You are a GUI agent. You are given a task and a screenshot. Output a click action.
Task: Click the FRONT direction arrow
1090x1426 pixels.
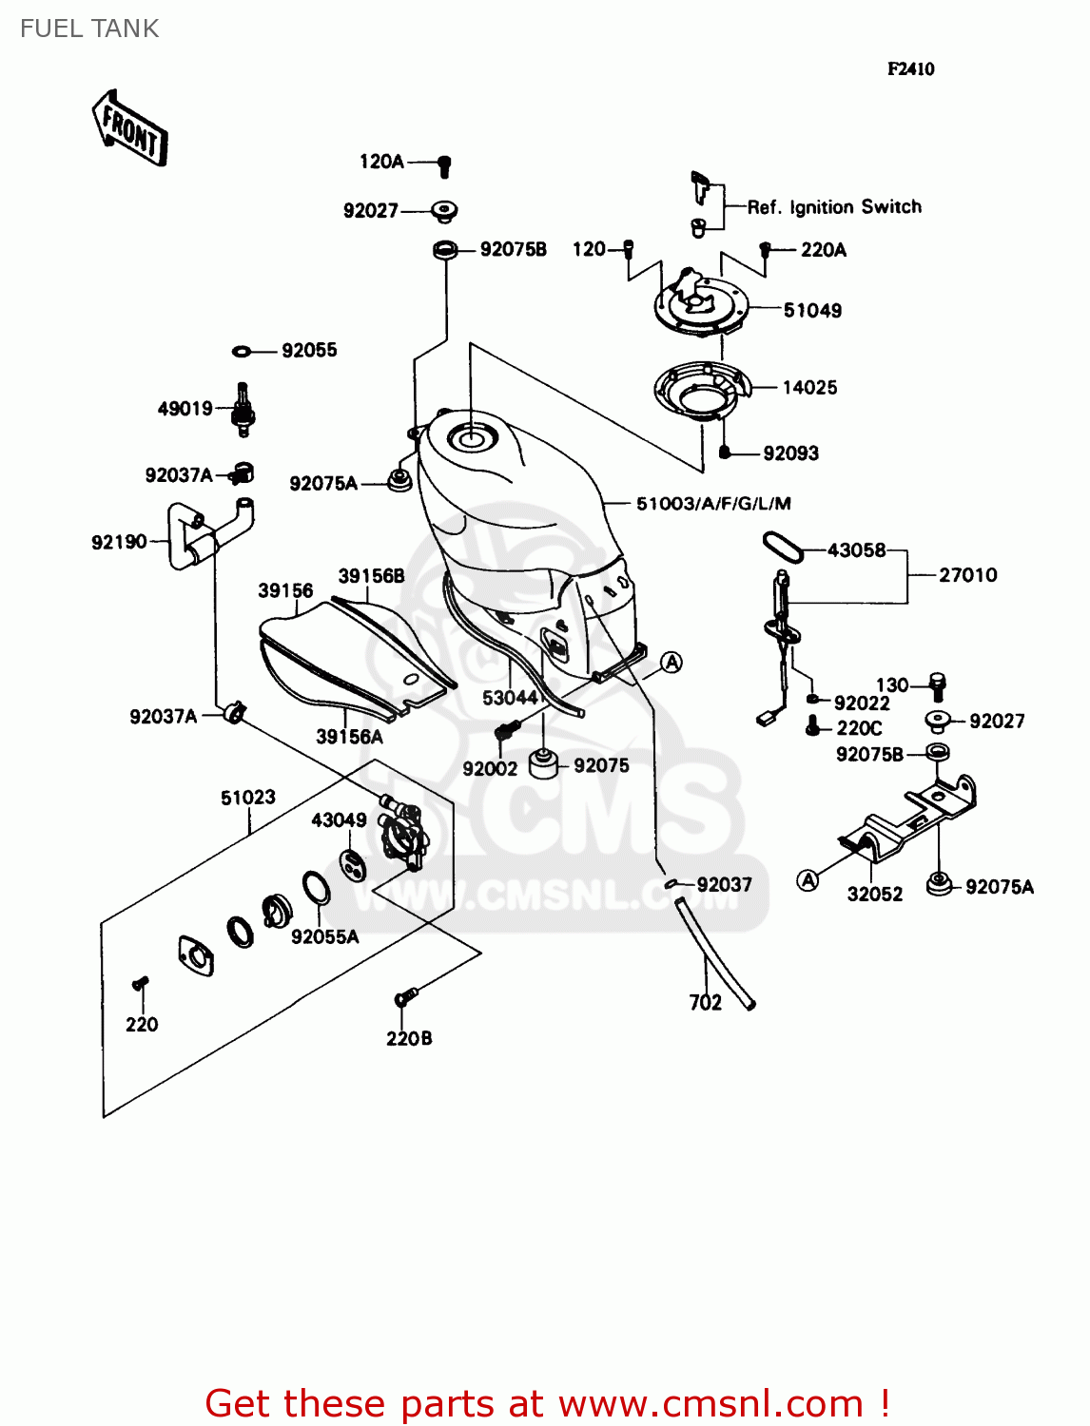[130, 128]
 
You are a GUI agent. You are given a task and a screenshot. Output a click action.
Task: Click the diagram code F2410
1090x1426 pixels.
[910, 68]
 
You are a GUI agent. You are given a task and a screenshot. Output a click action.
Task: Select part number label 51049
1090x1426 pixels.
[812, 310]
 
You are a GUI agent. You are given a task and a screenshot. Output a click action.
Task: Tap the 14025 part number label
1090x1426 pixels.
[809, 387]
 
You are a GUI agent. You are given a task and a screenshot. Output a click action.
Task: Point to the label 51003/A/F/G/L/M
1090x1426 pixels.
[713, 503]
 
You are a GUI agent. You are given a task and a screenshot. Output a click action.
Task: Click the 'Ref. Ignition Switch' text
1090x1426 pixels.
[834, 206]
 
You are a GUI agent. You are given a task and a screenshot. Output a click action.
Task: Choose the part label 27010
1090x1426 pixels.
[967, 574]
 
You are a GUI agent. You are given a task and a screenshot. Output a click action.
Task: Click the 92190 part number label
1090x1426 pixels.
[119, 542]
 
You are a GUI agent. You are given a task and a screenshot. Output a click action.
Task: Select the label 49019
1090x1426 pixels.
[185, 409]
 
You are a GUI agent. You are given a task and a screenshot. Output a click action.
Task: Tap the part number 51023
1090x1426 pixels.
[248, 798]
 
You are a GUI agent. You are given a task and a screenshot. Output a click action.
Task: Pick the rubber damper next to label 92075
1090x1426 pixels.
[543, 763]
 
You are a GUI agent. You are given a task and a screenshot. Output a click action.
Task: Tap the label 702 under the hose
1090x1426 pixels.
[706, 1002]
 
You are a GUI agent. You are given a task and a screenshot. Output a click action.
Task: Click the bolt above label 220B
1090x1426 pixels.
[405, 997]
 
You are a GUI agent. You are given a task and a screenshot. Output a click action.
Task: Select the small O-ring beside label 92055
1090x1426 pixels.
[243, 352]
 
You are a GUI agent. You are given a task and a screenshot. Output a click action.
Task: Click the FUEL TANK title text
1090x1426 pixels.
[89, 29]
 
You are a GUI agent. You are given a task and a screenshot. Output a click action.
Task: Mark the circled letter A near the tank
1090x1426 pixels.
[672, 663]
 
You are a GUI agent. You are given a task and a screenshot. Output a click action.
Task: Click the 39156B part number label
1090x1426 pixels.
[371, 576]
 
